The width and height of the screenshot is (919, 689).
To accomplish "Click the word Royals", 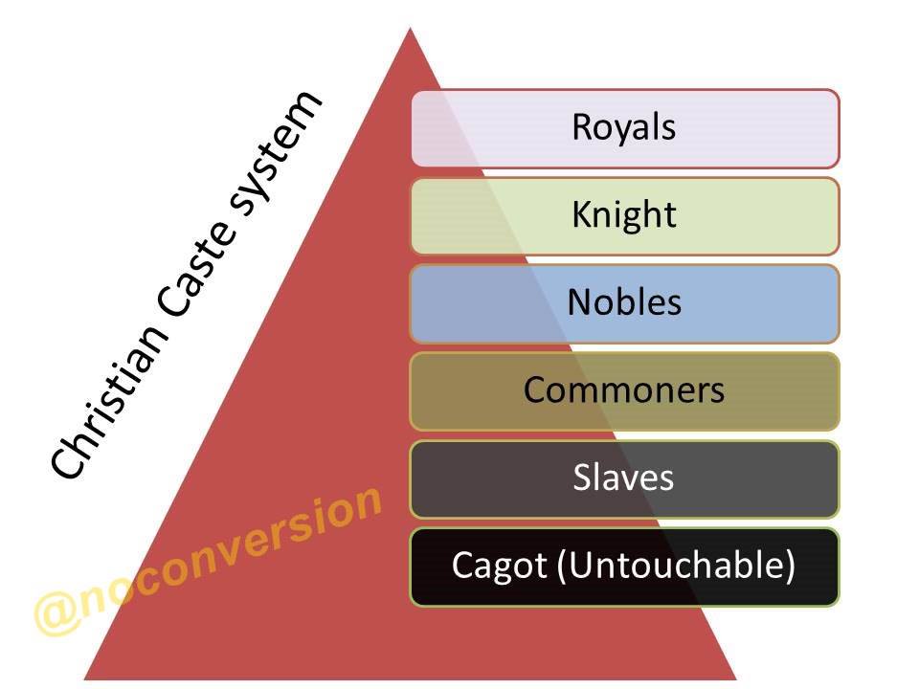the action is click(x=624, y=127).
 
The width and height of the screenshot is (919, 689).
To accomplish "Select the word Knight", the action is click(x=624, y=215).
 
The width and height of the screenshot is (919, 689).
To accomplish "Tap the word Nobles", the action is click(x=624, y=302).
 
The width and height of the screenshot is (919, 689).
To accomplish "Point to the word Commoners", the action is click(x=624, y=389).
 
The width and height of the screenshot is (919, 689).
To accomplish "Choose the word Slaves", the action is click(x=624, y=477).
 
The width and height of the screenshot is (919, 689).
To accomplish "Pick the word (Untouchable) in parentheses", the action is click(x=677, y=566).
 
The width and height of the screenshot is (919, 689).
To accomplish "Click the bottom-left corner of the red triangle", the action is click(x=86, y=678).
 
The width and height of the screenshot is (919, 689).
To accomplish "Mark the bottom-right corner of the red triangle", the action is click(x=735, y=678).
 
